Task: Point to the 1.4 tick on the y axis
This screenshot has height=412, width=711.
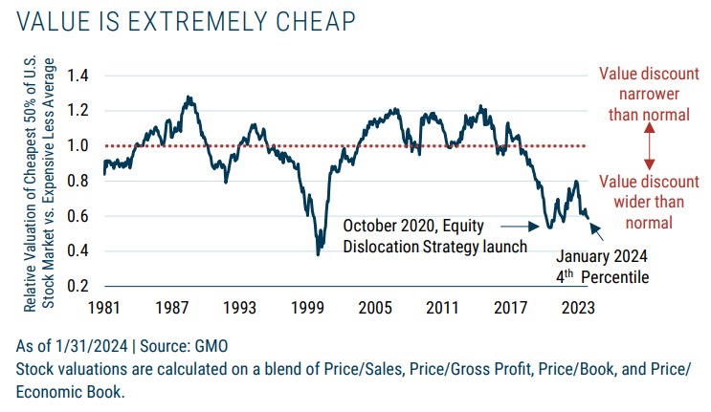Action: pyautogui.click(x=78, y=75)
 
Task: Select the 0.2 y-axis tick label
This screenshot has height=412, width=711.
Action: pyautogui.click(x=78, y=287)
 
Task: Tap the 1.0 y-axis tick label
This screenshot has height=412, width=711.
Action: pyautogui.click(x=78, y=145)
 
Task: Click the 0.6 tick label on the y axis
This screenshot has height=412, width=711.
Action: pyautogui.click(x=78, y=216)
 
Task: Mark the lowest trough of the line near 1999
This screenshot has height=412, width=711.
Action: pyautogui.click(x=318, y=253)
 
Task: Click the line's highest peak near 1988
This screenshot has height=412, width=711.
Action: pyautogui.click(x=189, y=97)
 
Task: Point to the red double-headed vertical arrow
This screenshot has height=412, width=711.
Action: pyautogui.click(x=648, y=145)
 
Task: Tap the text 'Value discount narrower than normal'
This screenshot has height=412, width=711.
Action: pyautogui.click(x=648, y=94)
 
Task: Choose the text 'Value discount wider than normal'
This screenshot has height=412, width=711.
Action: pyautogui.click(x=648, y=202)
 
